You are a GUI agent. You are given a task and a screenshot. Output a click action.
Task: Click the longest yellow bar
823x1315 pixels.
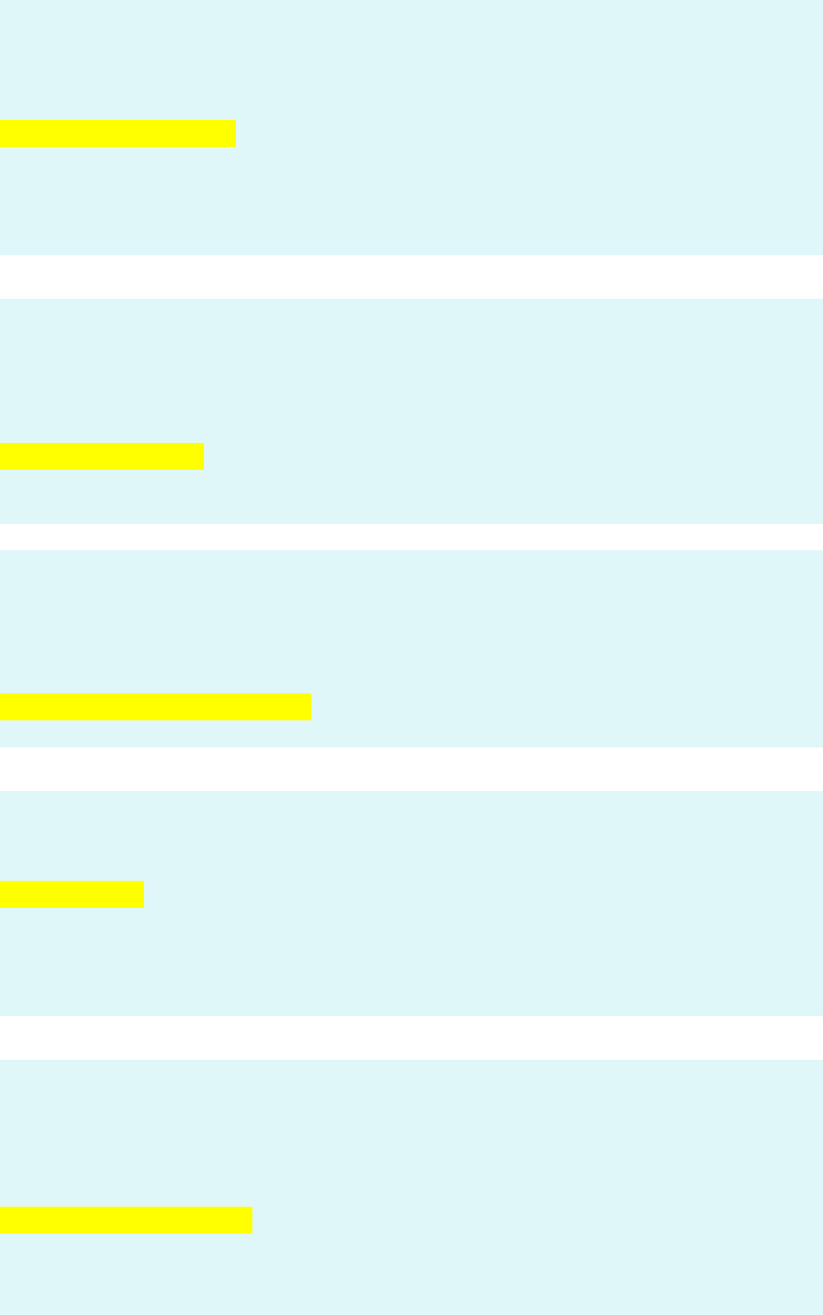[155, 707]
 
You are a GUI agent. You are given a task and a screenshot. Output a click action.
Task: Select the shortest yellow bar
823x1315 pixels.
[72, 894]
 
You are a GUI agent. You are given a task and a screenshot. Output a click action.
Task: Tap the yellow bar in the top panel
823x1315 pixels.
[117, 133]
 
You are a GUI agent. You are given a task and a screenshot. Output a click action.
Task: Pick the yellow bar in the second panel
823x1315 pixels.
[102, 455]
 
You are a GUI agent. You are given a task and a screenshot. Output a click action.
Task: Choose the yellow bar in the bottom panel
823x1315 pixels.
[126, 1219]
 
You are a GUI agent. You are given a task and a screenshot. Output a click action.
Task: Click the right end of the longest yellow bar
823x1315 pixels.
[309, 707]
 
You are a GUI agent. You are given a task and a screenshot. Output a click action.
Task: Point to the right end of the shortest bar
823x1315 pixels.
[143, 894]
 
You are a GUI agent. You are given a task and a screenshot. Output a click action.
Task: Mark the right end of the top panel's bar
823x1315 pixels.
[234, 133]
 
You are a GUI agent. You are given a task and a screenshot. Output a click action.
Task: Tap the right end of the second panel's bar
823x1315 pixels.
[203, 455]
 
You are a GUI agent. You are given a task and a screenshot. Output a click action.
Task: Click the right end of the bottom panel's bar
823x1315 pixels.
[251, 1219]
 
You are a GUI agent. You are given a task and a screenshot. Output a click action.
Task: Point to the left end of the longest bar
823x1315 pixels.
[2, 707]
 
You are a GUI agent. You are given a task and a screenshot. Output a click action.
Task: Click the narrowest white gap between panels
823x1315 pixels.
[411, 537]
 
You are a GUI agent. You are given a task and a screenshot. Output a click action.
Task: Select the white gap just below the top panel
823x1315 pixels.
[411, 277]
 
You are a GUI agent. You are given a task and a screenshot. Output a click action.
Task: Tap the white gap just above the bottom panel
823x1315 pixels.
[411, 1037]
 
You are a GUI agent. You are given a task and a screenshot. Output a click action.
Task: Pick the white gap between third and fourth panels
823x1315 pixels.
[411, 769]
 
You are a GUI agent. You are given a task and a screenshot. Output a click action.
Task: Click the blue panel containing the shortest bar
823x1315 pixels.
[484, 957]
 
